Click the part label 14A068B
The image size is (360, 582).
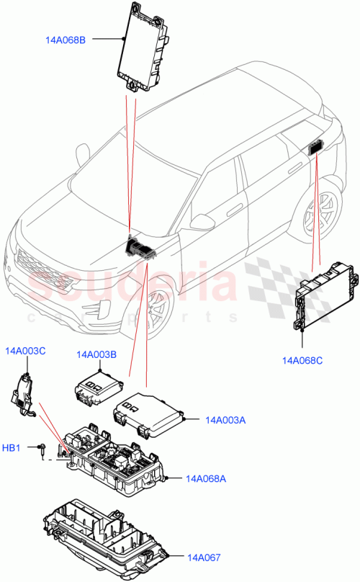61,40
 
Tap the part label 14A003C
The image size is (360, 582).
25,351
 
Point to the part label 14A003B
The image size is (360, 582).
96,354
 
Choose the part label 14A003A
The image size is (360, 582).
225,419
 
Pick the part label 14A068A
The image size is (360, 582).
206,478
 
